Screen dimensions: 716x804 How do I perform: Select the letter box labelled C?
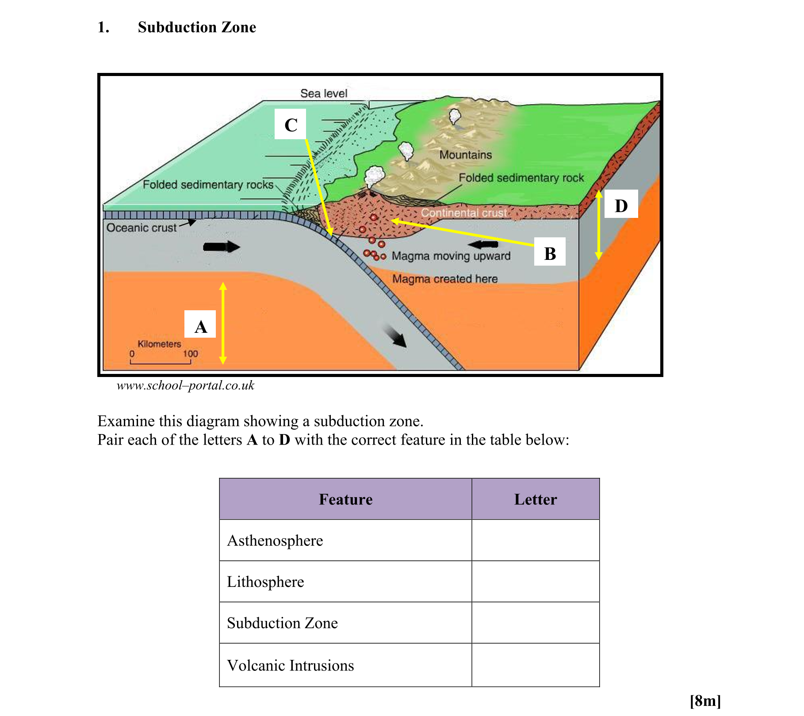(290, 124)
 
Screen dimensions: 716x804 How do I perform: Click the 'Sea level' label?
(324, 94)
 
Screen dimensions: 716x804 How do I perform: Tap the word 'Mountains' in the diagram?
(465, 155)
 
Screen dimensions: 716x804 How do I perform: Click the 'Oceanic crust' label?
(142, 228)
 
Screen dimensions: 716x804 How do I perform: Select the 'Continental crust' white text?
(463, 213)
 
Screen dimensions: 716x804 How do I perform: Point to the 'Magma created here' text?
(445, 279)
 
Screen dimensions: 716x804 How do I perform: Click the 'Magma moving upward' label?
(451, 256)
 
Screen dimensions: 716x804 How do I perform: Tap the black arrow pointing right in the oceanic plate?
(222, 247)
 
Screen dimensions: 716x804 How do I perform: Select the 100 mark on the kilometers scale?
(191, 354)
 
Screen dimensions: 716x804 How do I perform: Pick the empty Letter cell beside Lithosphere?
(535, 582)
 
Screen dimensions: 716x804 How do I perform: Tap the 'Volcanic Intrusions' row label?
(291, 665)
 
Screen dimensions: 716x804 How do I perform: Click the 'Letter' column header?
(535, 499)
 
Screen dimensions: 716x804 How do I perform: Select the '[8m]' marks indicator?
(705, 701)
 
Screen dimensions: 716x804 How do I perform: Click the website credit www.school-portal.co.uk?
(185, 385)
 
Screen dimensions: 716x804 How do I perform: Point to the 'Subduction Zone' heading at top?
(197, 27)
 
